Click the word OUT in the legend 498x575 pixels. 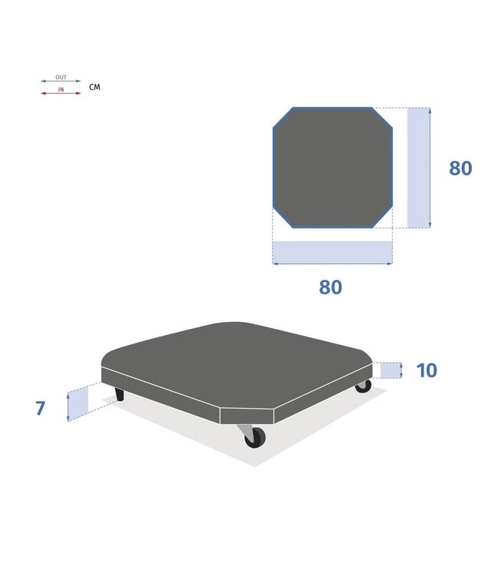(61, 77)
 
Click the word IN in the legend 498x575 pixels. (61, 90)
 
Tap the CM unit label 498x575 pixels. (94, 87)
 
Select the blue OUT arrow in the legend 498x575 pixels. (61, 81)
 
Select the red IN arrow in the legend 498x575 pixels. (61, 93)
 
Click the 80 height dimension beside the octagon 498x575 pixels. (460, 169)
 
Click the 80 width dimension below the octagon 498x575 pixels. (330, 287)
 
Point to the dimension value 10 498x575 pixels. (427, 370)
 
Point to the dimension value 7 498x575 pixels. (41, 408)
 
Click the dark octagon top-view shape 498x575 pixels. (333, 168)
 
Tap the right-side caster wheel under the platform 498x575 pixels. (363, 386)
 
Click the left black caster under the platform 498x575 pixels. (120, 394)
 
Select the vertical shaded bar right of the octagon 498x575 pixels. (418, 168)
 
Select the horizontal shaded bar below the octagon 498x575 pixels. (333, 252)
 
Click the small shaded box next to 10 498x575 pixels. (391, 370)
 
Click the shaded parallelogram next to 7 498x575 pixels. (78, 403)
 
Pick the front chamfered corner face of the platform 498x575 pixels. (247, 416)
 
